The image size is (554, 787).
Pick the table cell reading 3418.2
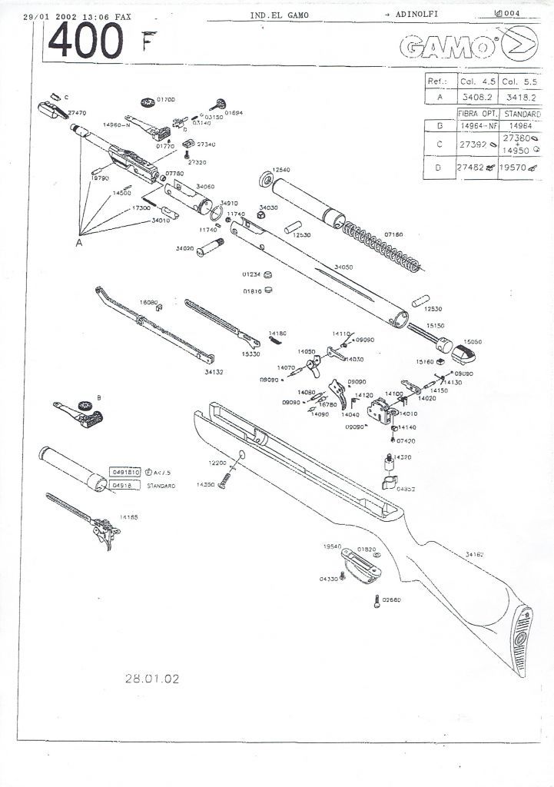click(520, 98)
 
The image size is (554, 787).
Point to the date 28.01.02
click(152, 679)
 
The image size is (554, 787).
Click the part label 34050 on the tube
click(343, 267)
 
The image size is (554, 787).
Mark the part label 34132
click(214, 371)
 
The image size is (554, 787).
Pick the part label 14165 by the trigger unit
click(128, 517)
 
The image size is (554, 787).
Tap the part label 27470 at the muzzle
click(77, 112)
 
